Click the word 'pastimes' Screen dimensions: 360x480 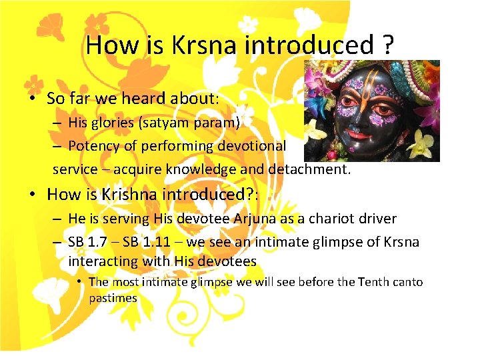pyautogui.click(x=113, y=298)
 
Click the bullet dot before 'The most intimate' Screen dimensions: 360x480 pyautogui.click(x=79, y=282)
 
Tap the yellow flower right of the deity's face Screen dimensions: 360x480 pyautogui.click(x=421, y=141)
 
